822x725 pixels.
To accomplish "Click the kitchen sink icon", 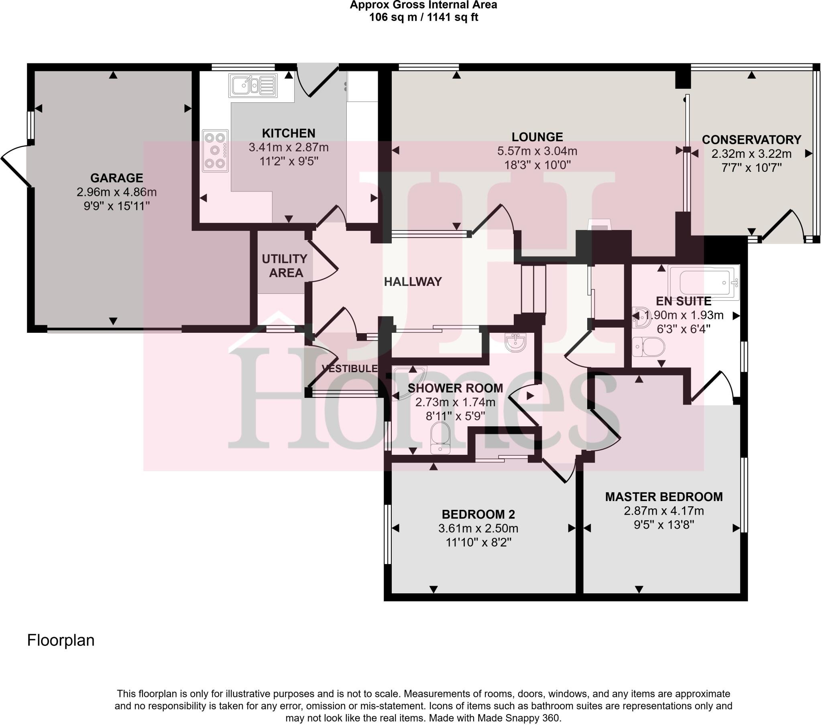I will tap(252, 85).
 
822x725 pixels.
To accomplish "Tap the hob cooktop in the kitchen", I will tap(215, 151).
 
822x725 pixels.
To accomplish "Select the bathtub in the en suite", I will tap(704, 283).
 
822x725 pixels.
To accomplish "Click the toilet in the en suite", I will tap(648, 346).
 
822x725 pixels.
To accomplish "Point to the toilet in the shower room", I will tap(440, 438).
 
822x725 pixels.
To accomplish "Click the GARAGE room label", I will tap(117, 178).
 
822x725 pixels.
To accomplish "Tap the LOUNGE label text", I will tap(537, 137).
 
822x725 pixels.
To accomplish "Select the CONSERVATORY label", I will tap(751, 140).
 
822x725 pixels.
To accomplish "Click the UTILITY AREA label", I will tap(285, 265).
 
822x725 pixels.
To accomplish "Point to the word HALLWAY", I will tap(413, 282).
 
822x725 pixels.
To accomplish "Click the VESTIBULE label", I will tap(350, 369).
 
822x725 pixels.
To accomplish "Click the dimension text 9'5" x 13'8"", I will tap(663, 525).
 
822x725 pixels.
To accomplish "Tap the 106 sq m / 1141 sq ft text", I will tap(423, 17).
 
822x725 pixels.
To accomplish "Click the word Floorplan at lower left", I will tap(61, 640).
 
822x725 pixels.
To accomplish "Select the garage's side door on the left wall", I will tap(15, 171).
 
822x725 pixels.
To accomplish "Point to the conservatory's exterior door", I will tap(782, 225).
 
